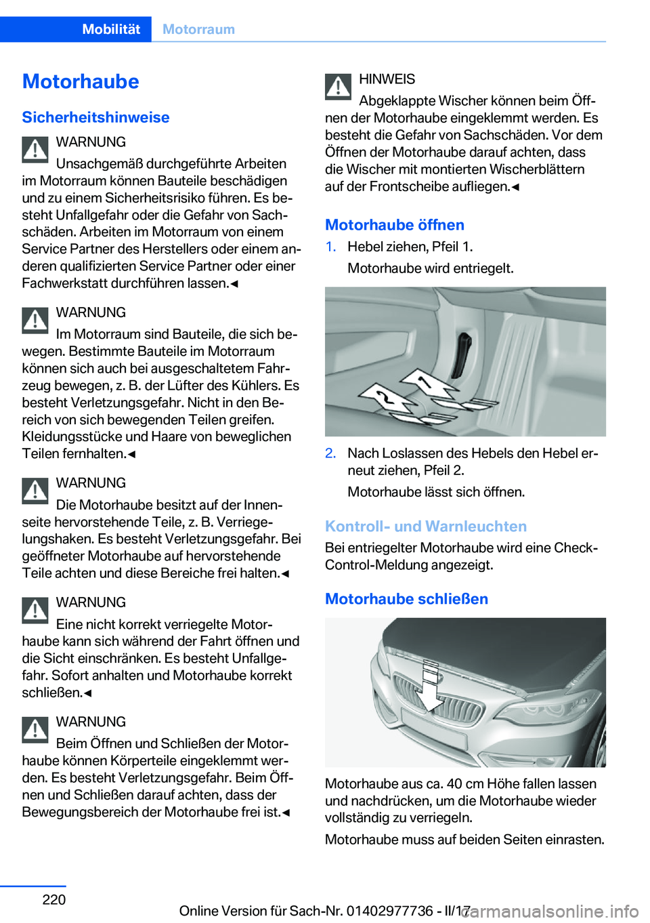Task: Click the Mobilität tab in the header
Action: [111, 29]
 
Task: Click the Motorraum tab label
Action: [198, 29]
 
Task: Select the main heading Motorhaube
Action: [81, 81]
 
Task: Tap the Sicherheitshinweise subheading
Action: [95, 117]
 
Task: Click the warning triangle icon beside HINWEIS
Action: [338, 86]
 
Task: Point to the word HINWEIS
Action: [387, 79]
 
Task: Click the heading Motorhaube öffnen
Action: [394, 224]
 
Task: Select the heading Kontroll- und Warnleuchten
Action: [425, 526]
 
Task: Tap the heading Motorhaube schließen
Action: [406, 598]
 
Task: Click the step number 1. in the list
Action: [330, 247]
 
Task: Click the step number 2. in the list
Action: [330, 453]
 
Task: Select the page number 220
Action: [54, 899]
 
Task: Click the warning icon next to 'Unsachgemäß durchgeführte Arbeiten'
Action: [35, 150]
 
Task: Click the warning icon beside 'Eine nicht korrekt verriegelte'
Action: [35, 610]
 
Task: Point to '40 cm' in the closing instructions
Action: [464, 783]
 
